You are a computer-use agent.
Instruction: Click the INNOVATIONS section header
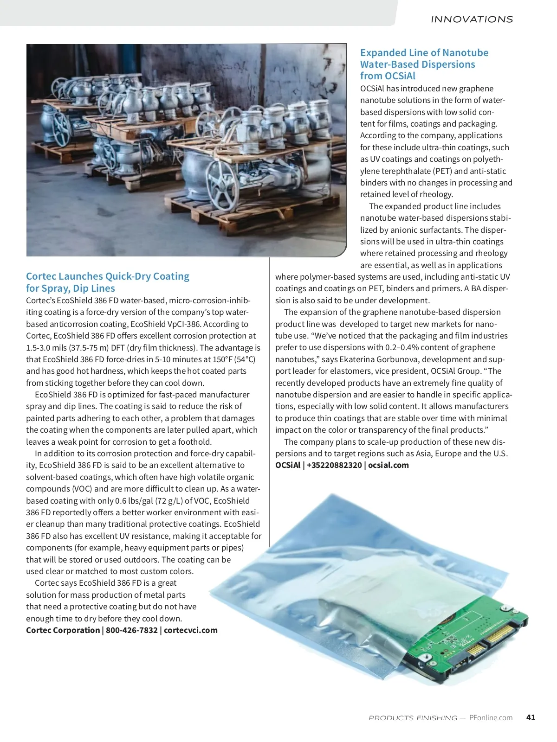[472, 19]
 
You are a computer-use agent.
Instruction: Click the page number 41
[531, 717]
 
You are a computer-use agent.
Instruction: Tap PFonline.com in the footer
[491, 717]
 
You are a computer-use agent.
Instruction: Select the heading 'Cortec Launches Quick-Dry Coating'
[108, 276]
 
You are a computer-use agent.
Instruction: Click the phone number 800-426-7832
[131, 630]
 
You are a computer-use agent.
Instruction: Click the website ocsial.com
[388, 465]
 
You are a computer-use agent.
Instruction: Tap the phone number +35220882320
[334, 465]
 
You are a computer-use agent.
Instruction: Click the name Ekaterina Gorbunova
[378, 359]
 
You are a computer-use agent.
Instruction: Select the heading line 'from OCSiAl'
[388, 76]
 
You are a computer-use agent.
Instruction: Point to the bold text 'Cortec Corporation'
[63, 630]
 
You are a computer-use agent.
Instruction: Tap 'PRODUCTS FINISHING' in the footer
[413, 718]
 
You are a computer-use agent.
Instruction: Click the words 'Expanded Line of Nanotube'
[424, 53]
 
